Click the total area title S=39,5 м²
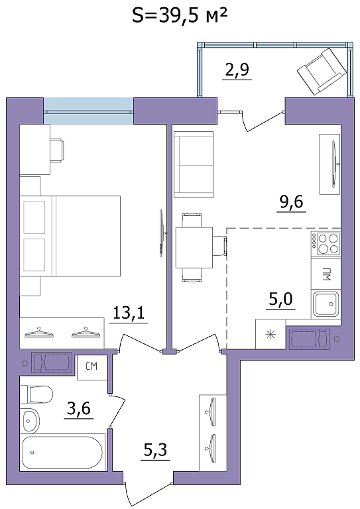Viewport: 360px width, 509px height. pos(179,16)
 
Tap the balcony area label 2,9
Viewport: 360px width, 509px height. pos(237,69)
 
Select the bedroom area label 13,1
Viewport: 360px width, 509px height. pos(129,313)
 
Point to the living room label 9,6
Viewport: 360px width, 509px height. pos(291,202)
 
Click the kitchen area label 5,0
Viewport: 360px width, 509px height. pos(281,299)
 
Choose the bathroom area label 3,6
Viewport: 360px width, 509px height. pos(79,408)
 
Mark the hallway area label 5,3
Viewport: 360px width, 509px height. pos(156,450)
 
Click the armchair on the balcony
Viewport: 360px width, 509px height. pos(322,72)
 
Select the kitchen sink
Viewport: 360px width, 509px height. pos(326,304)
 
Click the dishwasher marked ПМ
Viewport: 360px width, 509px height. pos(326,273)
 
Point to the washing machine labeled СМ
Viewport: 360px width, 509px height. pos(92,367)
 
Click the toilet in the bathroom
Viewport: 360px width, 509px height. pos(36,394)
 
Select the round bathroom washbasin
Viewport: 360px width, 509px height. pos(30,421)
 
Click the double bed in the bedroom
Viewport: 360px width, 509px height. pos(70,236)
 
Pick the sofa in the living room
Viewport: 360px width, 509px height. pos(194,164)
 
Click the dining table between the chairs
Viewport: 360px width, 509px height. pos(194,247)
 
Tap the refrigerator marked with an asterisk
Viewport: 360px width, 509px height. pos(270,334)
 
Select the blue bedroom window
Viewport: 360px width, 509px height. pos(88,111)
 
